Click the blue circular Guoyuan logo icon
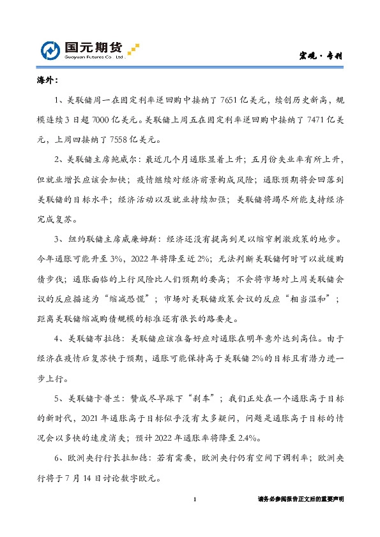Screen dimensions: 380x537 pos(50,50)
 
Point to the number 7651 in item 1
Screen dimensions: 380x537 pos(229,101)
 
